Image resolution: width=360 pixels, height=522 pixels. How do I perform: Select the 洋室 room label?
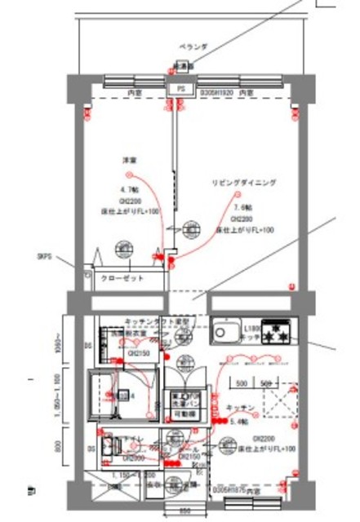[x=129, y=160]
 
